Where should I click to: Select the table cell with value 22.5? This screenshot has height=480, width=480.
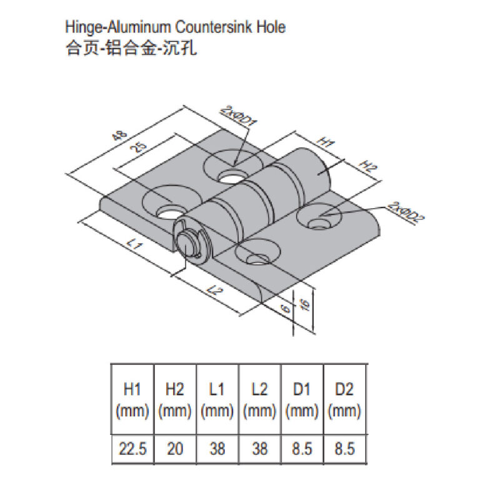(x=131, y=449)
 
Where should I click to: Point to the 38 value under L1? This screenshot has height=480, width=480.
(x=217, y=449)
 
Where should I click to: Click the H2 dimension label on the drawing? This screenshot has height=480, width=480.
(x=368, y=166)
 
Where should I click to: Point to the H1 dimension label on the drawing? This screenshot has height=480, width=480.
(x=325, y=142)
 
